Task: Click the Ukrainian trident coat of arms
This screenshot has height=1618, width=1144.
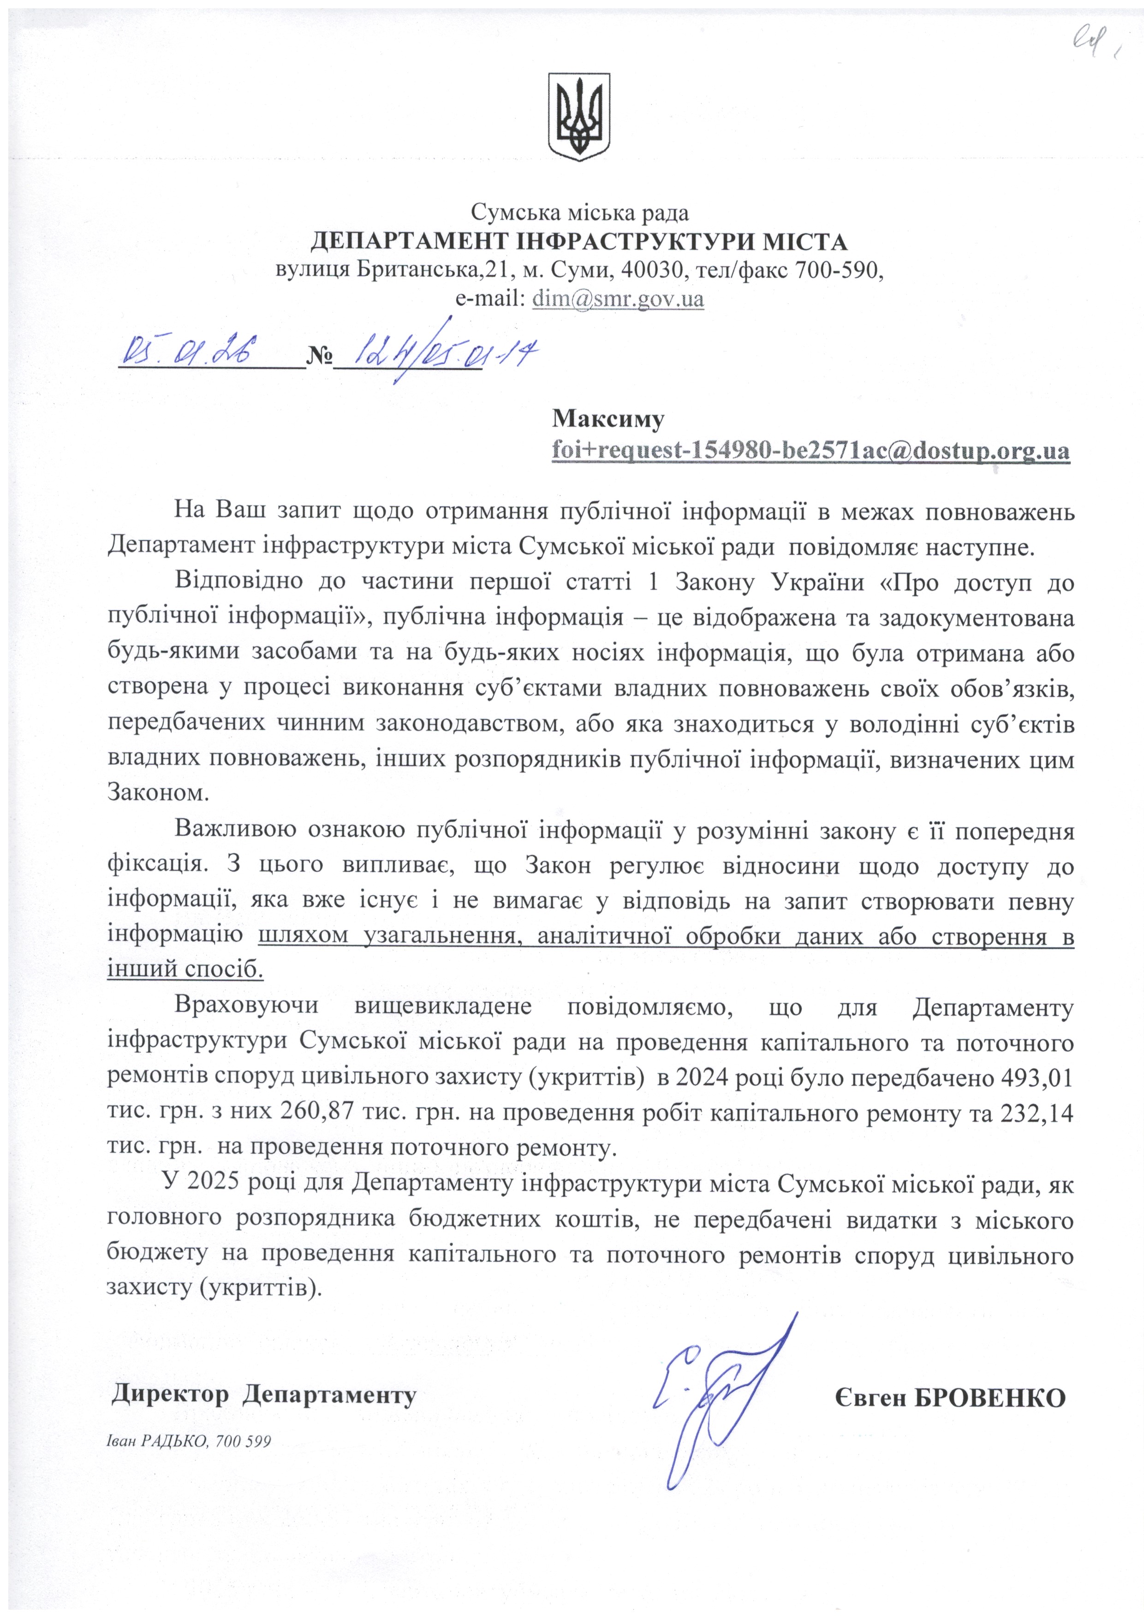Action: [x=579, y=116]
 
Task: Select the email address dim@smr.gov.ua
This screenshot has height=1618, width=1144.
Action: [x=618, y=299]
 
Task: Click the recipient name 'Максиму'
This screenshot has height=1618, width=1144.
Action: [x=608, y=419]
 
